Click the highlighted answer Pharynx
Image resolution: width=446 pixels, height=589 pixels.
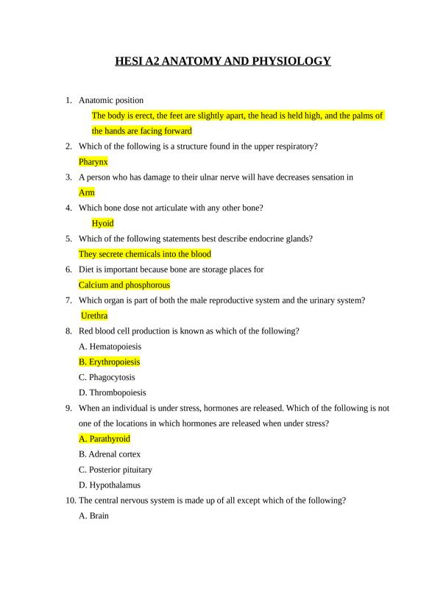click(x=93, y=161)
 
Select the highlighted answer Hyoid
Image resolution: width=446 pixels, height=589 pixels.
click(x=102, y=223)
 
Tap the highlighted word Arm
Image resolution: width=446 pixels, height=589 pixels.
click(x=86, y=192)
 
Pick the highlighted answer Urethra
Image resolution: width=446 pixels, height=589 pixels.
click(x=94, y=316)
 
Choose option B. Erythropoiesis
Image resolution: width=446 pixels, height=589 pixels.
click(x=109, y=361)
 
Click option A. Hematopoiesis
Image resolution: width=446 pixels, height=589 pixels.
click(x=110, y=346)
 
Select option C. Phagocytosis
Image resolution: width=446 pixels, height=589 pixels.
click(x=107, y=377)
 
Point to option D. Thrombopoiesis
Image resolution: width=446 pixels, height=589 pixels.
click(x=112, y=392)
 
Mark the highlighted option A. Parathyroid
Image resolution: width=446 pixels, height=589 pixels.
click(x=104, y=439)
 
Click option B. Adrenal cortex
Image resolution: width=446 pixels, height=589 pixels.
click(x=109, y=454)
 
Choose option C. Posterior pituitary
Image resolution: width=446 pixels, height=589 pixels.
click(x=115, y=470)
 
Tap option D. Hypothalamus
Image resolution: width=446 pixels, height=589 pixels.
click(x=109, y=485)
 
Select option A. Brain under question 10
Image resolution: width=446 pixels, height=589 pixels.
click(x=93, y=516)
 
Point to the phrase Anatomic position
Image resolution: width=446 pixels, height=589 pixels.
click(x=111, y=100)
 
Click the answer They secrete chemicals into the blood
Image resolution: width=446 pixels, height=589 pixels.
click(x=144, y=254)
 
